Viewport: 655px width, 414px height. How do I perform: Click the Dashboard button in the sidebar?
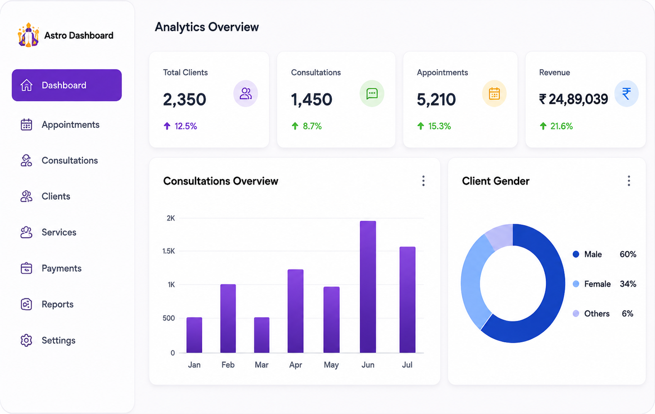67,85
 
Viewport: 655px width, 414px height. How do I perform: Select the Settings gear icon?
26,340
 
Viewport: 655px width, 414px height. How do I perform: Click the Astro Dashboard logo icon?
28,35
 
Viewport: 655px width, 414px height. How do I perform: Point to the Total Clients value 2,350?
185,100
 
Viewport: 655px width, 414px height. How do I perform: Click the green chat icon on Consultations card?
372,93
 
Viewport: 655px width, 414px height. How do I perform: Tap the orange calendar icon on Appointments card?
494,93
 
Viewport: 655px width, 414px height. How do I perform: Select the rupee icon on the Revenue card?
626,93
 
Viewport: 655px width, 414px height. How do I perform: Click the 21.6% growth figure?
562,126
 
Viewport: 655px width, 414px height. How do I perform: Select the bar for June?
368,287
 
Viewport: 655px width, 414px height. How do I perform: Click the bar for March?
262,335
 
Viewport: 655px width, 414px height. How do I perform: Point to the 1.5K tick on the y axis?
169,251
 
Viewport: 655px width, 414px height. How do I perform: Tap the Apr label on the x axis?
296,365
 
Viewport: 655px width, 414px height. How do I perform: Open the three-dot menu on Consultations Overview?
423,181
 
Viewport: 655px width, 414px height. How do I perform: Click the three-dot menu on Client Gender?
629,181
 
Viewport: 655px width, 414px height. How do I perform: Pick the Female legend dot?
576,284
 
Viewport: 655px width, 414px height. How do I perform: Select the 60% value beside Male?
628,254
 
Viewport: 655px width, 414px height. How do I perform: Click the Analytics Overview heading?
207,27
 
